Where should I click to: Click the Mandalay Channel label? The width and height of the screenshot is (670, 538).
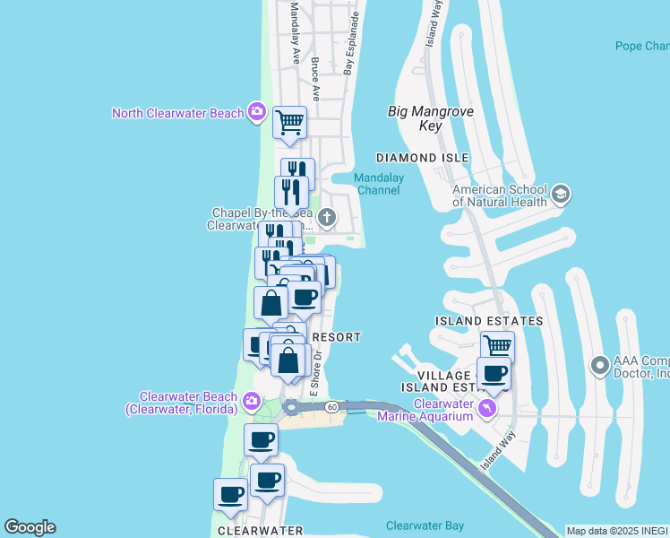[379, 184]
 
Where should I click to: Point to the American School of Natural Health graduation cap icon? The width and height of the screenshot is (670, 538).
[561, 194]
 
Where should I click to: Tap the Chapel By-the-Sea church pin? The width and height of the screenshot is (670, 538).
[328, 217]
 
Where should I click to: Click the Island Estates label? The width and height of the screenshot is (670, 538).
[488, 320]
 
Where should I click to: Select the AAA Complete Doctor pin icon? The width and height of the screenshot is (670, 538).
[599, 365]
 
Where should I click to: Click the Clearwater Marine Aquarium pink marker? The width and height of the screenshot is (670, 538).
[486, 409]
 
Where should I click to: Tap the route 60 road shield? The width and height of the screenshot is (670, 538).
[331, 407]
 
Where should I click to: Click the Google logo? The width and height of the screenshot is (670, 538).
[30, 527]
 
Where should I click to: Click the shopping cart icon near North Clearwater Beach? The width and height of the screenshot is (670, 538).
[289, 122]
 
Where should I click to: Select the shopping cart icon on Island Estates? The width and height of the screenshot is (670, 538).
[497, 346]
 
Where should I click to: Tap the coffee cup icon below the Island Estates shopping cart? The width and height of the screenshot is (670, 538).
[494, 373]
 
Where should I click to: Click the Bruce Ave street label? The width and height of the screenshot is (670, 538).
[315, 79]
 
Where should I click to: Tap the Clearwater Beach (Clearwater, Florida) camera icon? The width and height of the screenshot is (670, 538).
[252, 400]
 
